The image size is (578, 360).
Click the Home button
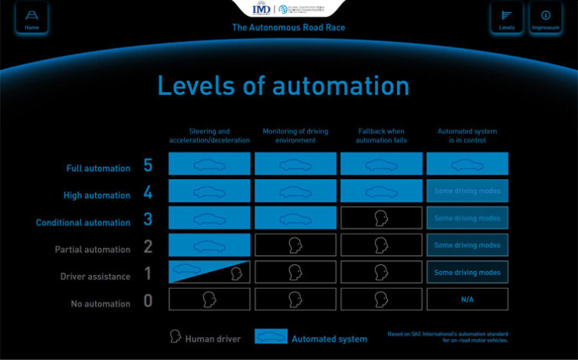pyautogui.click(x=31, y=18)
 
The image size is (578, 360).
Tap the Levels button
pyautogui.click(x=506, y=18)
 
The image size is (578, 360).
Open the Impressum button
pyautogui.click(x=546, y=18)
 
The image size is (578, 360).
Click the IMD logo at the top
pyautogui.click(x=261, y=9)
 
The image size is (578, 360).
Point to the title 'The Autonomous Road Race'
pyautogui.click(x=288, y=28)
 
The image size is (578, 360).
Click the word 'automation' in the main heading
pyautogui.click(x=341, y=85)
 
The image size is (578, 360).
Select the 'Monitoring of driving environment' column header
pyautogui.click(x=295, y=135)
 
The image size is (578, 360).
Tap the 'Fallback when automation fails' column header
pyautogui.click(x=381, y=135)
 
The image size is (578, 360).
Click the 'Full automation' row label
pyautogui.click(x=97, y=167)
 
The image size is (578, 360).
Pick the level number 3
pyautogui.click(x=148, y=220)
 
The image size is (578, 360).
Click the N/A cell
pyautogui.click(x=467, y=299)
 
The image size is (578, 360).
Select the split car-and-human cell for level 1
pyautogui.click(x=209, y=272)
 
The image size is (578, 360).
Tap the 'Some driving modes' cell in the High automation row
pyautogui.click(x=467, y=191)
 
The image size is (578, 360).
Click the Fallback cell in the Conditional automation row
pyautogui.click(x=381, y=218)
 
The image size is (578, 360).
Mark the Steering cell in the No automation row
pyautogui.click(x=209, y=299)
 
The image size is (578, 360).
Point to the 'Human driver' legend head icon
pyautogui.click(x=175, y=338)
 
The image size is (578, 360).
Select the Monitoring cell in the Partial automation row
pyautogui.click(x=295, y=245)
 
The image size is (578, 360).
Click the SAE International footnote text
pyautogui.click(x=448, y=338)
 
